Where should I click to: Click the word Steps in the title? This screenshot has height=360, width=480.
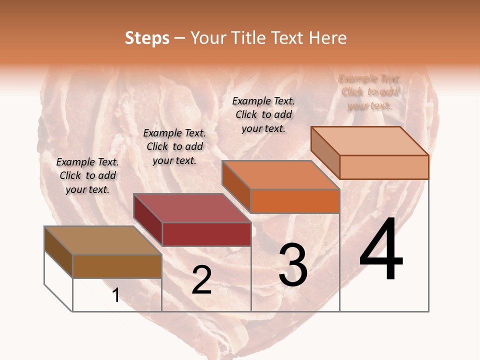[x=147, y=38]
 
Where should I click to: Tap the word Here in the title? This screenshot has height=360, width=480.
[x=328, y=38]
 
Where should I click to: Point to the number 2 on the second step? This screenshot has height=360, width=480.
[x=201, y=280]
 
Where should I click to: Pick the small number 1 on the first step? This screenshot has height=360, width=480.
[x=116, y=295]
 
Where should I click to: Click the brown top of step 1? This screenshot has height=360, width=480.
[x=102, y=240]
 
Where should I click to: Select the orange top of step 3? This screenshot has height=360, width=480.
[x=280, y=175]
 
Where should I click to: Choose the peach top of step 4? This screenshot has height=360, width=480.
[x=369, y=141]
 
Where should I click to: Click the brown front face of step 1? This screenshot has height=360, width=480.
[x=117, y=266]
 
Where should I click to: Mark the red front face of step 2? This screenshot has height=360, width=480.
[x=206, y=234]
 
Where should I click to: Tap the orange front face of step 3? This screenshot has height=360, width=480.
[x=294, y=201]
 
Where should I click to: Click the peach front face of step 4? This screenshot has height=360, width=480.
[x=383, y=167]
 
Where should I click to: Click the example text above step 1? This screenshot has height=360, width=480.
[x=87, y=175]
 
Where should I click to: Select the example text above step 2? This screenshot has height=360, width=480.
[x=174, y=146]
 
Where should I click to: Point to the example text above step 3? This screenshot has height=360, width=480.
[x=263, y=114]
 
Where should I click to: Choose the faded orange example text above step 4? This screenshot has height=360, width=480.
[x=369, y=92]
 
